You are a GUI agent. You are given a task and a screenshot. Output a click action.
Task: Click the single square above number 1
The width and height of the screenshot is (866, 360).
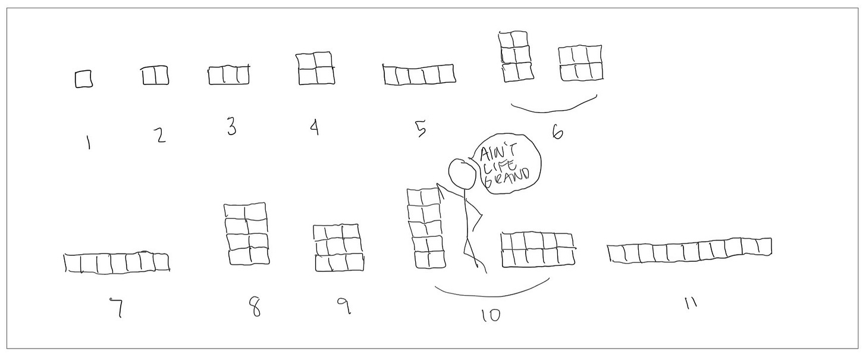(83, 79)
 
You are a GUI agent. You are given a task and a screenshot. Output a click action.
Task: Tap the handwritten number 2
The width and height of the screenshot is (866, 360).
(159, 135)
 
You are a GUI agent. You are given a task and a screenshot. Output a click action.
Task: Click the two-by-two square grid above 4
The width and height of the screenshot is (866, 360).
(315, 68)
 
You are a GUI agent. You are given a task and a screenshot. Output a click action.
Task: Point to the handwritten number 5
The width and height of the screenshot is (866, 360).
(421, 129)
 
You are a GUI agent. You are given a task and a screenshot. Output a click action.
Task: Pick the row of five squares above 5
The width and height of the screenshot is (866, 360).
(419, 74)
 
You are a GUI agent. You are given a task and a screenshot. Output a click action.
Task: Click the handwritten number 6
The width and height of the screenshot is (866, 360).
(557, 133)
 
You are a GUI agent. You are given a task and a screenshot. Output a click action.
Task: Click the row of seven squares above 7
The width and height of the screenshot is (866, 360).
(117, 264)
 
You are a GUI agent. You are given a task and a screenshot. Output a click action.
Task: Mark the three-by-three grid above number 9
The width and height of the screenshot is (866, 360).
(338, 248)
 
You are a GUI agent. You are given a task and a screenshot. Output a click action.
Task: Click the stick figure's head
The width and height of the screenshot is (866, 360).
(462, 174)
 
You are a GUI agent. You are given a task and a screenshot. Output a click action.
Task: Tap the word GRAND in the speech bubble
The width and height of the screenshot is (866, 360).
(507, 181)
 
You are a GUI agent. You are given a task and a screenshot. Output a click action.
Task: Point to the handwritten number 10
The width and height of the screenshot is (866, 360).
(491, 315)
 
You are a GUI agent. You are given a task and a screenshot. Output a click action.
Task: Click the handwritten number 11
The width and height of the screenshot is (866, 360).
(691, 303)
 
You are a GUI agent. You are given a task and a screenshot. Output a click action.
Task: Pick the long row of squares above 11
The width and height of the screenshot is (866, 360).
(689, 251)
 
